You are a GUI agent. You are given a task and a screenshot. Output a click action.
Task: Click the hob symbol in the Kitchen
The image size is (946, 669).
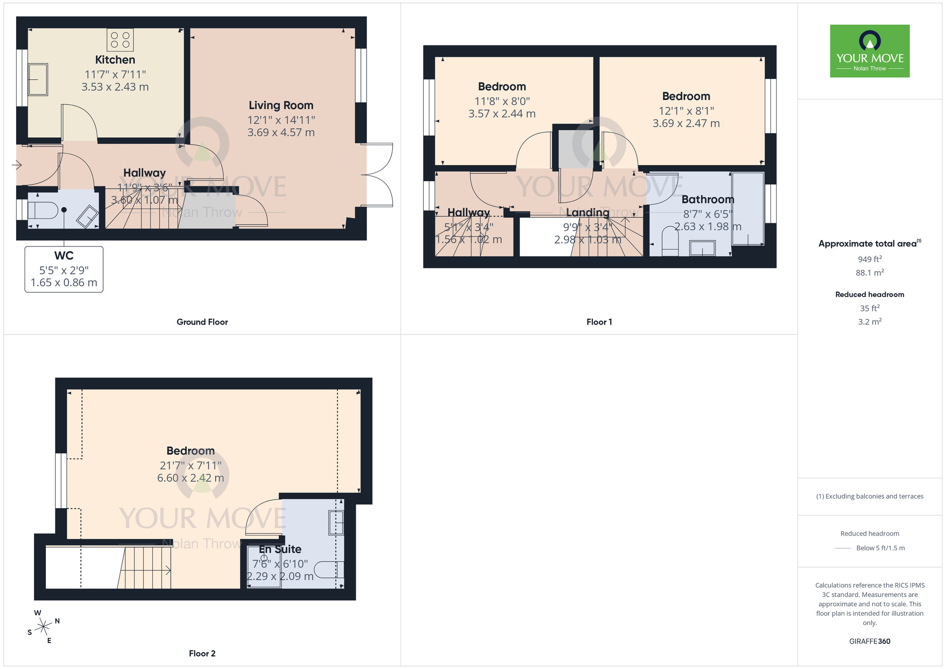tap(120, 40)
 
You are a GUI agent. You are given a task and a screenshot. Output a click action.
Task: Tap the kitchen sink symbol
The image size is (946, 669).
tap(38, 79)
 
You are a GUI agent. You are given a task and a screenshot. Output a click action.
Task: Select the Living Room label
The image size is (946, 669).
tap(281, 106)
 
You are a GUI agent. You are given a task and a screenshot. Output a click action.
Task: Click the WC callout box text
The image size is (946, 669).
tap(64, 269)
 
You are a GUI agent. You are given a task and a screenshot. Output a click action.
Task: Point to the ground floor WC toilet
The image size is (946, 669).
tap(44, 210)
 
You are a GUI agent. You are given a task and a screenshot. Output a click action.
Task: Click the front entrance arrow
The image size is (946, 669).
tap(17, 165)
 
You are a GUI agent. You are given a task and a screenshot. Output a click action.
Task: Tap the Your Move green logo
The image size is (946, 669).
tap(869, 51)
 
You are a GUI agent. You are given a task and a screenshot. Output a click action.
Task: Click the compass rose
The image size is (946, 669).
tap(43, 627)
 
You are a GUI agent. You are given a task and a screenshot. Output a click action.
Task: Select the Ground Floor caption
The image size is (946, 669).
tap(202, 322)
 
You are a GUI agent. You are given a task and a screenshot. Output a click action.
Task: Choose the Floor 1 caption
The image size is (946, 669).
tap(599, 322)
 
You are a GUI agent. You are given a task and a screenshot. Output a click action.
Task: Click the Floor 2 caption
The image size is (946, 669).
tap(202, 653)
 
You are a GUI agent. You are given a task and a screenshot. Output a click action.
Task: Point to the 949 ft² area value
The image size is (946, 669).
tap(869, 259)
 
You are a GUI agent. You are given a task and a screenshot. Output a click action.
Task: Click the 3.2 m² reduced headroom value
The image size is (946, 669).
tap(869, 322)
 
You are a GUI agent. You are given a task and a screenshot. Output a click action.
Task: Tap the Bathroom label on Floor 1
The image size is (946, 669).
tap(708, 200)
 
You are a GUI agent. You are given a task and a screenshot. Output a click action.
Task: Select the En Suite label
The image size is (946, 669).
tap(280, 549)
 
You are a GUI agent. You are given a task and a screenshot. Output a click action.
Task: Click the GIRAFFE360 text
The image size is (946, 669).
tap(869, 642)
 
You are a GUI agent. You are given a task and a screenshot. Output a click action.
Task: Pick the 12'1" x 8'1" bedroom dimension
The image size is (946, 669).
tap(686, 111)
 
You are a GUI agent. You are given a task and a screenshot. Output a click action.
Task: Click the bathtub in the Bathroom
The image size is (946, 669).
tap(748, 209)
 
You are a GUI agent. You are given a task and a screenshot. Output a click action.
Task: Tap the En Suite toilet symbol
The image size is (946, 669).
tap(328, 570)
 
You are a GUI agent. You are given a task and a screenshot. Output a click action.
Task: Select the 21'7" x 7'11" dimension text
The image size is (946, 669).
tap(190, 466)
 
